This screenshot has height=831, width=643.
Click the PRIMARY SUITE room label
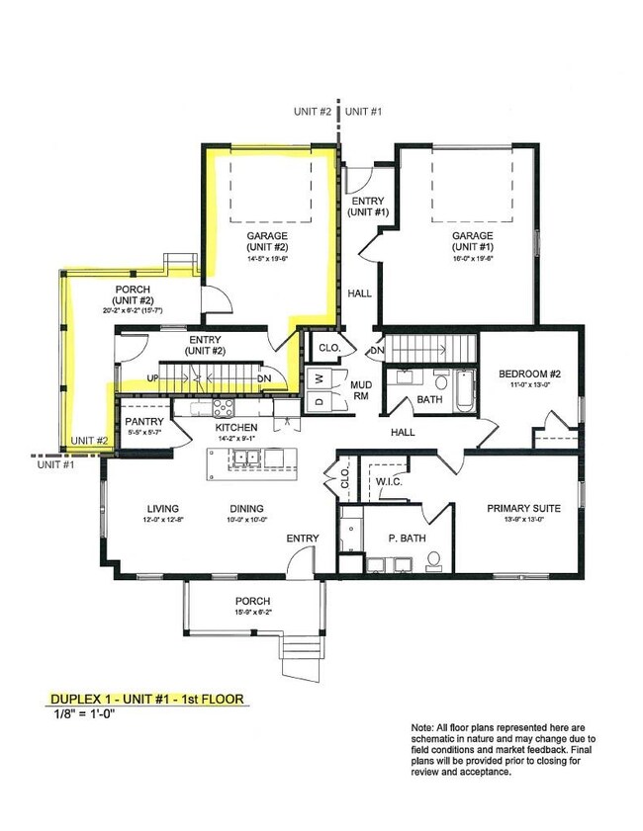point(523,509)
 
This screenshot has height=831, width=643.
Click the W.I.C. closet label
point(388,482)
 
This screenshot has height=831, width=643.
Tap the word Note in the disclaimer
point(422,727)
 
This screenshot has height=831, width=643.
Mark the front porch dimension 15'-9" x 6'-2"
point(252,613)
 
